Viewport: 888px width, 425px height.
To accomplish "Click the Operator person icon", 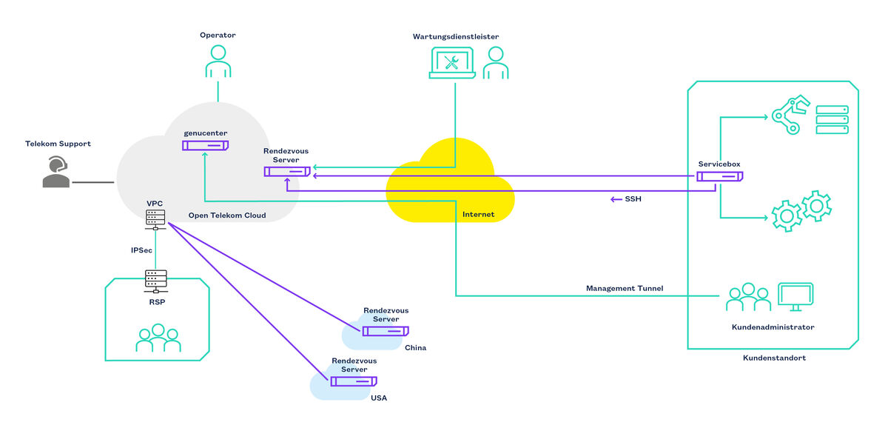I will pos(218,61).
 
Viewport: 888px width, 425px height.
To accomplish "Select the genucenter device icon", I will pos(205,146).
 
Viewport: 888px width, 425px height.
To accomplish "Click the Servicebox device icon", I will pos(719,176).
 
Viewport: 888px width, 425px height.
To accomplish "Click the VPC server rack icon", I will pos(155,219).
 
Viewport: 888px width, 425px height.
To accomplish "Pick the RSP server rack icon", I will pos(155,280).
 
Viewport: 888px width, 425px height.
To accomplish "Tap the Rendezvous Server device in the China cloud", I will pos(386,331).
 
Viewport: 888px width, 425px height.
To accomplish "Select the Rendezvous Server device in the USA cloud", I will pos(353,381).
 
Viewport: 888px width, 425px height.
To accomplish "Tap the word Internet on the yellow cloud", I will pos(478,215).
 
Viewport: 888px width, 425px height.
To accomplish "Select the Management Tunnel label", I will pos(625,287).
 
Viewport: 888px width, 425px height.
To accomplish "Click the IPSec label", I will pos(141,250).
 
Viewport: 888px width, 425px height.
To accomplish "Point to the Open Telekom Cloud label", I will pos(227,215).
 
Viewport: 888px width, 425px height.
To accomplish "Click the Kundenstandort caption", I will pos(774,358).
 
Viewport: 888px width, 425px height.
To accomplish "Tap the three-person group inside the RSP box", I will pos(158,338).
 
